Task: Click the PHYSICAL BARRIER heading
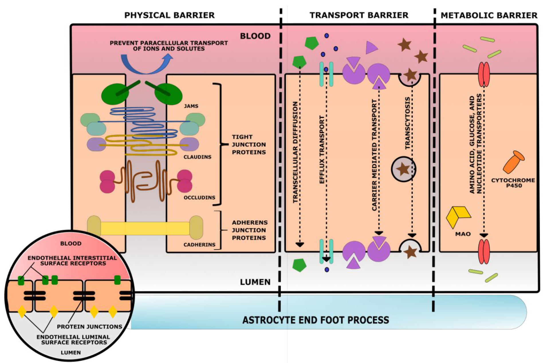(169, 15)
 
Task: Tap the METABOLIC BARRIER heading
(489, 15)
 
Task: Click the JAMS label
(191, 106)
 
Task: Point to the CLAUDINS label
(197, 157)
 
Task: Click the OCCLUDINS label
(199, 198)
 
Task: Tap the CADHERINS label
(199, 245)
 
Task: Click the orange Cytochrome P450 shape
(513, 162)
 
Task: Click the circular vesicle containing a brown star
(404, 169)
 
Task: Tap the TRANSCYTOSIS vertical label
(408, 123)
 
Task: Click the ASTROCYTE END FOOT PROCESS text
(316, 320)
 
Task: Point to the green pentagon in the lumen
(299, 265)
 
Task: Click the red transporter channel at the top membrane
(484, 75)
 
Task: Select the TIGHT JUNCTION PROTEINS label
(249, 145)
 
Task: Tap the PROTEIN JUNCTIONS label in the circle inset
(89, 327)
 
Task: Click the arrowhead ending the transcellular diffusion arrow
(300, 245)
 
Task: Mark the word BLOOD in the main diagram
(255, 36)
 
